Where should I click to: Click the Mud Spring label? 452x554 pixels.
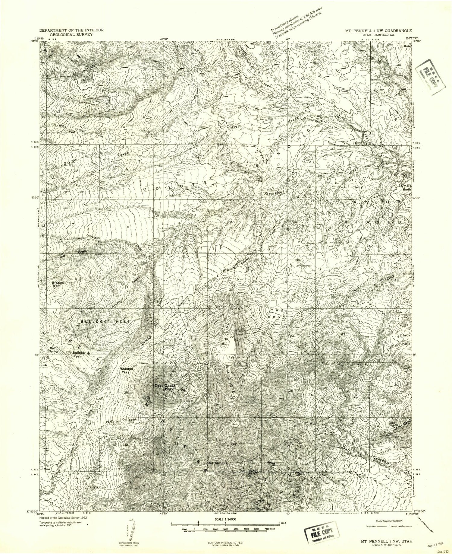pos(54,349)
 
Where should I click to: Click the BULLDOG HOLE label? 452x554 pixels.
pos(105,322)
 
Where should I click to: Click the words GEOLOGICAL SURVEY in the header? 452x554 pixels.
pos(71,34)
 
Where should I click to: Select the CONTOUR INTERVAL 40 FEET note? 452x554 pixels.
pos(225,543)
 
